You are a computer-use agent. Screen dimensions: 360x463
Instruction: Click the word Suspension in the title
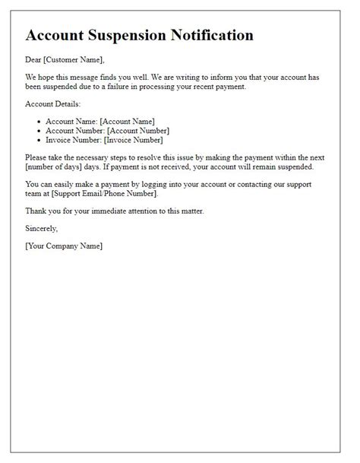coord(134,35)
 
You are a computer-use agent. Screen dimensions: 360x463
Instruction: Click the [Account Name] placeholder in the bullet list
coord(128,122)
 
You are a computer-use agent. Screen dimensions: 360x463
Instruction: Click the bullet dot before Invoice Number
coord(38,140)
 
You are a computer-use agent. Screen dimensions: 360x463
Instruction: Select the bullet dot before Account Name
coord(38,122)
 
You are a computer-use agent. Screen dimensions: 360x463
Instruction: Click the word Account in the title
coord(57,35)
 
